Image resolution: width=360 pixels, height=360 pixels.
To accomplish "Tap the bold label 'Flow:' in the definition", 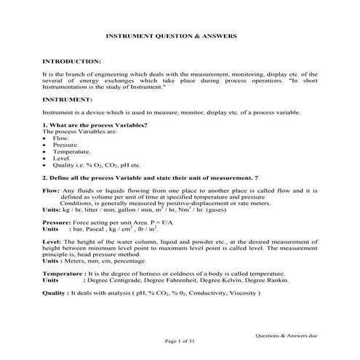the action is click(x=52, y=190).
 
